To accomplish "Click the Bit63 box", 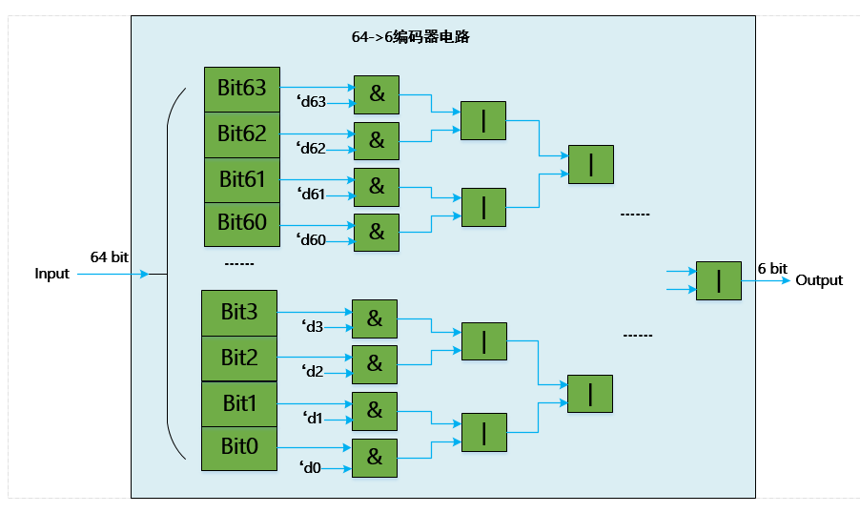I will coord(242,89).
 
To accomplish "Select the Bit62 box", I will coord(242,134).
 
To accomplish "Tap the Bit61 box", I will coord(242,179).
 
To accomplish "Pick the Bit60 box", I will coord(242,223).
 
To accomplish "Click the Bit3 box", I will coord(239,313).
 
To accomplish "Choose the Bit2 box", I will coord(239,359).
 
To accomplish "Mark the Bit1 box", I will coord(239,403).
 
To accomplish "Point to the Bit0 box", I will coord(239,448).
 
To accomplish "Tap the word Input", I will coord(52,274).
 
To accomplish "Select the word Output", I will coord(819,280).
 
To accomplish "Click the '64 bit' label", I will coord(110,257).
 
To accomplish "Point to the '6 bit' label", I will coord(772,269).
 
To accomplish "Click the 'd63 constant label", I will coord(312,103).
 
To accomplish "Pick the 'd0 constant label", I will coord(310,467).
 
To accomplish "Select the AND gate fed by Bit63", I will coord(377,94).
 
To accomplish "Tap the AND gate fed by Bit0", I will coord(375,458).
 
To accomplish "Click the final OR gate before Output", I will coord(718,280).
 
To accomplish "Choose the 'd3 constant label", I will coord(312,327).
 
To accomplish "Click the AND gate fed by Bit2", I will coord(375,364).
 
